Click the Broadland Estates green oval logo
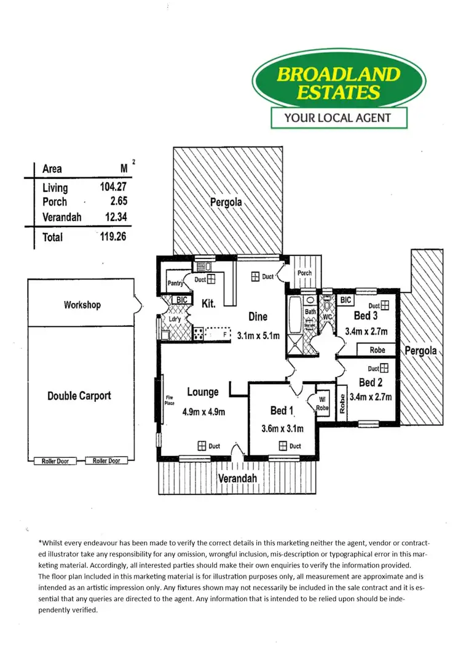pyautogui.click(x=339, y=84)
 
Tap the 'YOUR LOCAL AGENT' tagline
pyautogui.click(x=339, y=118)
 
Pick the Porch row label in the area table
pyautogui.click(x=55, y=202)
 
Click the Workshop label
pyautogui.click(x=82, y=305)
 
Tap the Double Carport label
pyautogui.click(x=79, y=396)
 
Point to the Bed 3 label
pyautogui.click(x=366, y=316)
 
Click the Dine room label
pyautogui.click(x=258, y=317)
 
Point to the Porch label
pyautogui.click(x=304, y=273)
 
